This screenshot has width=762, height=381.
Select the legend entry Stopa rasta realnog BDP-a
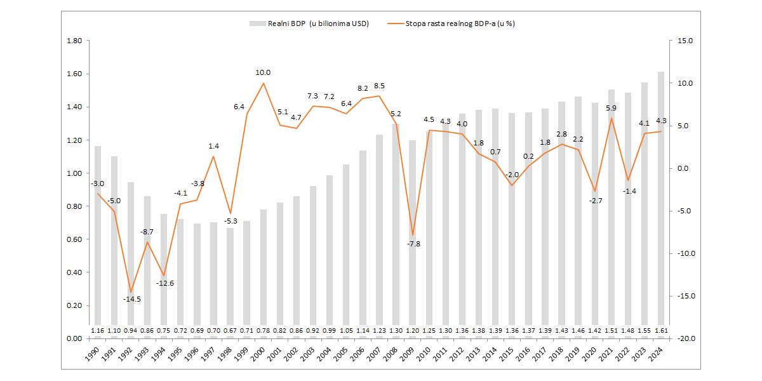pyautogui.click(x=453, y=23)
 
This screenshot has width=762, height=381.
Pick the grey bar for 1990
pyautogui.click(x=98, y=241)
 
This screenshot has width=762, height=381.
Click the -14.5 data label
pyautogui.click(x=132, y=299)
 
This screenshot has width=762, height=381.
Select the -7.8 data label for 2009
pyautogui.click(x=413, y=244)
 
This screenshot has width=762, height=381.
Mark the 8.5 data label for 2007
pyautogui.click(x=379, y=86)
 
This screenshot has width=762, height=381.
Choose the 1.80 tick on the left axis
pyautogui.click(x=74, y=41)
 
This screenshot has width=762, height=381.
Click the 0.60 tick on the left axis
pyautogui.click(x=74, y=239)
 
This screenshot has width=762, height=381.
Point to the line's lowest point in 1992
pyautogui.click(x=131, y=292)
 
